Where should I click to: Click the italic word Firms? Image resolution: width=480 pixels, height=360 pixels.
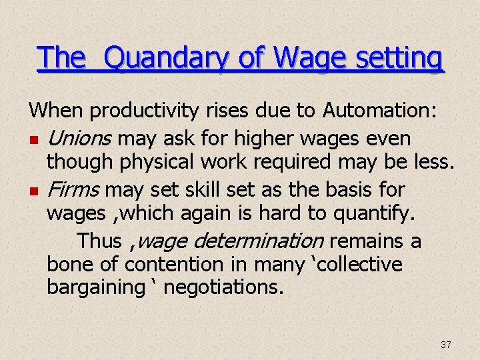74,189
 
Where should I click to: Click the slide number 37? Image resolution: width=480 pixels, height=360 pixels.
446,345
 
